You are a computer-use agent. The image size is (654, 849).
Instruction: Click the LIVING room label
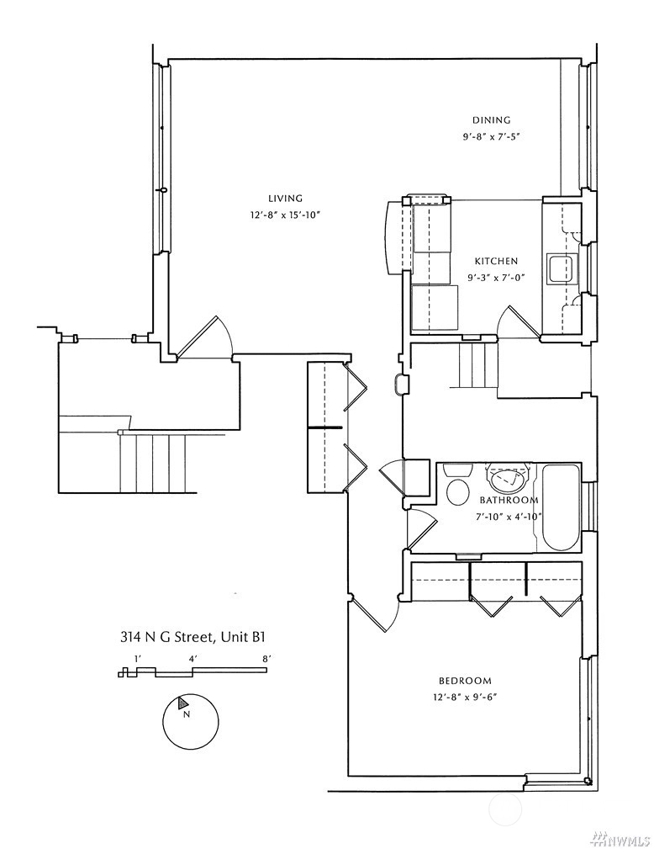pyautogui.click(x=285, y=199)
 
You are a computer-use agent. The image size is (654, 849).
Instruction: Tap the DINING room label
pyautogui.click(x=491, y=120)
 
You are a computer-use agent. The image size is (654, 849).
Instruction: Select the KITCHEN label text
pyautogui.click(x=496, y=261)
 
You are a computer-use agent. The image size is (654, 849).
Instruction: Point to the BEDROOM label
pyautogui.click(x=465, y=681)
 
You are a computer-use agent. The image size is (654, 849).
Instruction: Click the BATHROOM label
pyautogui.click(x=509, y=500)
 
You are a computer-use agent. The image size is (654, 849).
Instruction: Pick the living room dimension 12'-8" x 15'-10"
pyautogui.click(x=286, y=215)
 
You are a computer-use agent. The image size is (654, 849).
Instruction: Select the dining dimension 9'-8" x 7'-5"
pyautogui.click(x=491, y=137)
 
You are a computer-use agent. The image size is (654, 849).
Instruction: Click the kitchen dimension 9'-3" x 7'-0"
pyautogui.click(x=497, y=278)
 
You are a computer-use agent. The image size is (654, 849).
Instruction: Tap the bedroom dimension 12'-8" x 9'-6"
pyautogui.click(x=465, y=698)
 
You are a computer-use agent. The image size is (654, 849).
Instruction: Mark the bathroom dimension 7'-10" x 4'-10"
pyautogui.click(x=509, y=517)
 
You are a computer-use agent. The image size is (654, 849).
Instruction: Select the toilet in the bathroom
pyautogui.click(x=457, y=486)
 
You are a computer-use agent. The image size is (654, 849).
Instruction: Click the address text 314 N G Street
pyautogui.click(x=167, y=637)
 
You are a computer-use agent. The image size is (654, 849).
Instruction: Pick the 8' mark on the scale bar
pyautogui.click(x=266, y=659)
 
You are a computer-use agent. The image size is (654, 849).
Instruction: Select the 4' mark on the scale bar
pyautogui.click(x=193, y=659)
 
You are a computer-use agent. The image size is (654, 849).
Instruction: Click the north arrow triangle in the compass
pyautogui.click(x=183, y=703)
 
